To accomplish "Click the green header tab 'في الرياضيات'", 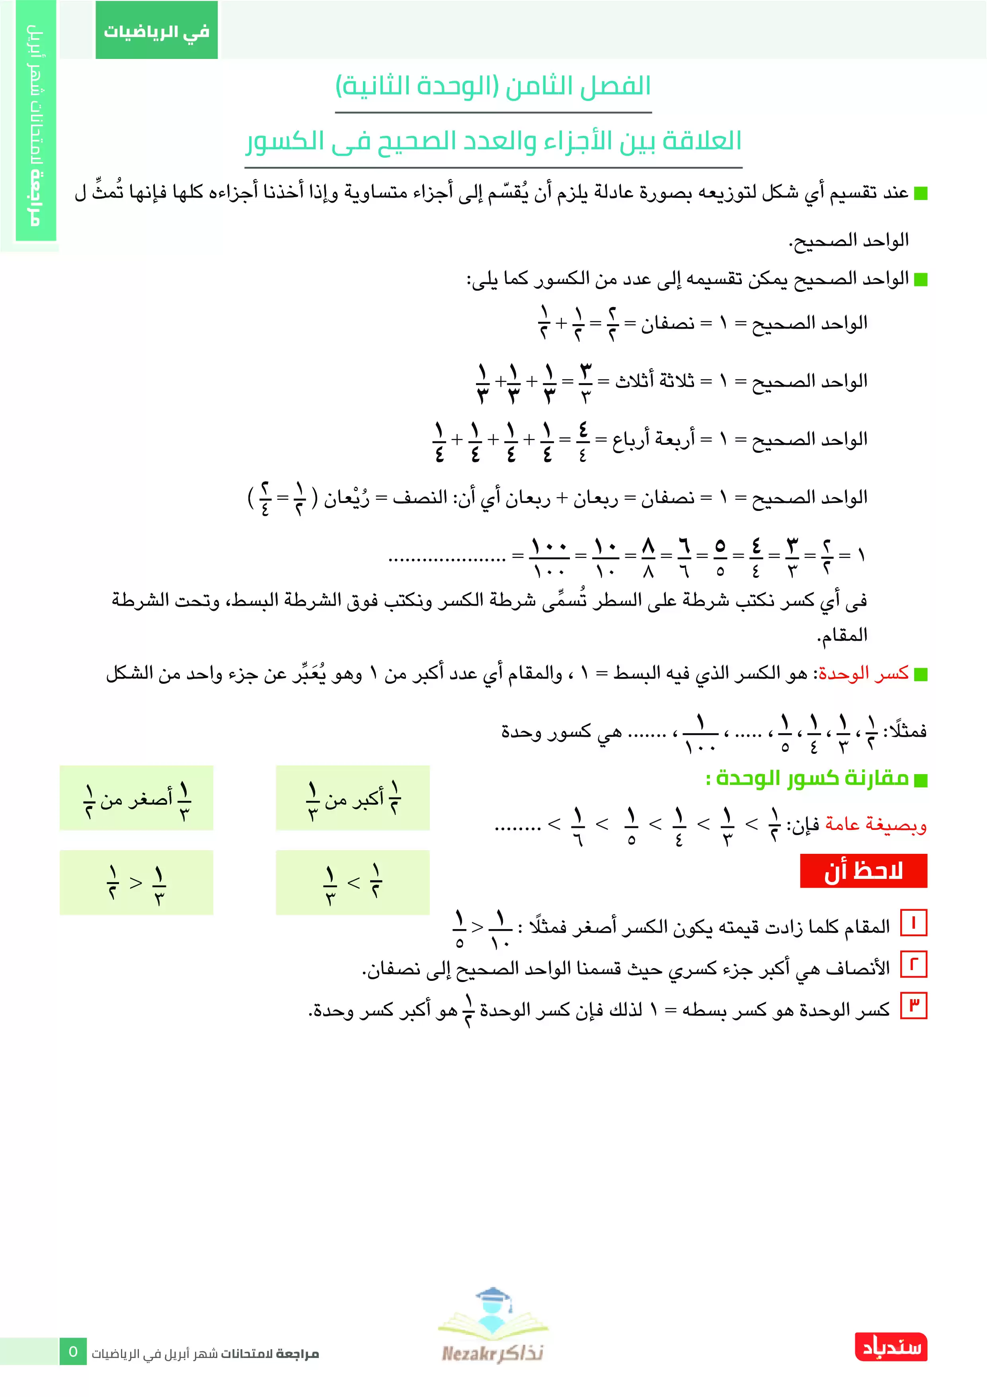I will [x=156, y=30].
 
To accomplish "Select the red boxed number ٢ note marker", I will [x=913, y=965].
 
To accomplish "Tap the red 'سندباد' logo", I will [x=891, y=1347].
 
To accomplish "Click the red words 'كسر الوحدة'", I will [x=864, y=673].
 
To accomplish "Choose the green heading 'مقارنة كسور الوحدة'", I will [x=812, y=778].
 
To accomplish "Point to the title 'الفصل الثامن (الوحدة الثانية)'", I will [x=493, y=86].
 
